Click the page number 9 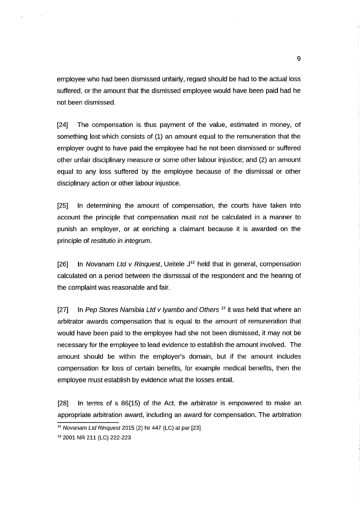[x=298, y=58]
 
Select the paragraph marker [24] [x=63, y=125]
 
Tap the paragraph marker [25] [x=63, y=205]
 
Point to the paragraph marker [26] [x=63, y=264]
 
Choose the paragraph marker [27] [x=63, y=310]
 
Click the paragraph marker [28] [x=63, y=402]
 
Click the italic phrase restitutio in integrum [x=121, y=240]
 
